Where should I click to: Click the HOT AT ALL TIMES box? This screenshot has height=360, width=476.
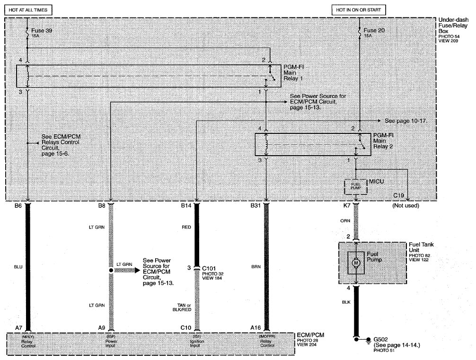(x=28, y=10)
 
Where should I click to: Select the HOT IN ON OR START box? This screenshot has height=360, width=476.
(x=358, y=10)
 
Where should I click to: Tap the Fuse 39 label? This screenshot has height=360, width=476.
(x=42, y=31)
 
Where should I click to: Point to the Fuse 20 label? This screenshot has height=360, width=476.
(x=374, y=30)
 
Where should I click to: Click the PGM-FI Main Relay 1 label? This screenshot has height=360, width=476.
(x=293, y=73)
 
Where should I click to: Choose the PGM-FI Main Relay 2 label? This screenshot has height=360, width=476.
(x=383, y=141)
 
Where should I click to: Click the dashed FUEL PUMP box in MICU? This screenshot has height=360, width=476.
(x=356, y=187)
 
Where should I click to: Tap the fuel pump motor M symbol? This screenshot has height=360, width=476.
(x=356, y=263)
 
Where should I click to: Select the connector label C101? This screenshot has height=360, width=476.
(x=209, y=268)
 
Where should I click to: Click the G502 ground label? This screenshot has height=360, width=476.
(x=381, y=339)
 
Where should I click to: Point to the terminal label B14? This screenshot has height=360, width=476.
(x=186, y=205)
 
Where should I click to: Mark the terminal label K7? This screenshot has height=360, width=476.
(x=347, y=205)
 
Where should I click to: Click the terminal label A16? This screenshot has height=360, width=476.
(x=256, y=327)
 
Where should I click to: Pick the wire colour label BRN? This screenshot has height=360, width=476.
(x=256, y=266)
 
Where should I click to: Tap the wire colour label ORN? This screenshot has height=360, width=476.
(x=345, y=220)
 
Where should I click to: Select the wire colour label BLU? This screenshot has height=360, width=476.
(x=18, y=267)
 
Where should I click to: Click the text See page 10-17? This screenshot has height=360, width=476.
(x=406, y=121)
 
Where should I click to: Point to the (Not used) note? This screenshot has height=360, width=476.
(x=405, y=205)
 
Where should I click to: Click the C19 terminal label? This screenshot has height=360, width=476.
(x=398, y=195)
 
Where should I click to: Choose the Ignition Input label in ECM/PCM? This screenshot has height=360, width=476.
(x=197, y=343)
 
